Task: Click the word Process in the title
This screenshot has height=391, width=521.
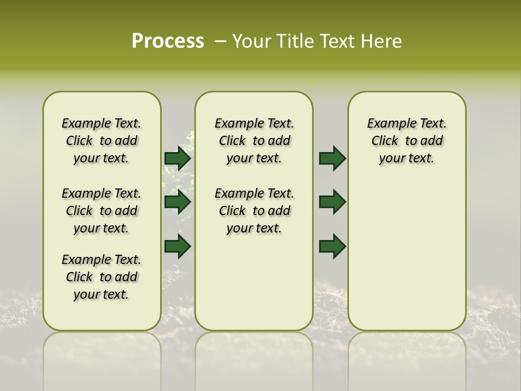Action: pyautogui.click(x=168, y=41)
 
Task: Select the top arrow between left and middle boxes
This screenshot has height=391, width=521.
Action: pyautogui.click(x=177, y=158)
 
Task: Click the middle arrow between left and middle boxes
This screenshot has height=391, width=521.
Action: pyautogui.click(x=177, y=202)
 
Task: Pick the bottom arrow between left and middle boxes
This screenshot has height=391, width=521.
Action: pyautogui.click(x=177, y=246)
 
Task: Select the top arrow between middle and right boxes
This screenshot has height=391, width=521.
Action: pyautogui.click(x=332, y=158)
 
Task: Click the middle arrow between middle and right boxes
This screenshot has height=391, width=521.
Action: pyautogui.click(x=332, y=202)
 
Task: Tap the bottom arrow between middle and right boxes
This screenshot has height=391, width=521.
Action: pyautogui.click(x=332, y=246)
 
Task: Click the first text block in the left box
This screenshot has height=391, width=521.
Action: pyautogui.click(x=101, y=141)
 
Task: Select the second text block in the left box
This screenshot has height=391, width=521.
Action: pyautogui.click(x=101, y=211)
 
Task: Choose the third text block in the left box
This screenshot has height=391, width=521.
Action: pyautogui.click(x=101, y=277)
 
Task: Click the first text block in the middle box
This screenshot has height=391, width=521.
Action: pyautogui.click(x=254, y=141)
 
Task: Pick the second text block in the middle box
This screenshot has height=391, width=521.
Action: pyautogui.click(x=254, y=211)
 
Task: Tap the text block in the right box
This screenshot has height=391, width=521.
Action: pyautogui.click(x=406, y=141)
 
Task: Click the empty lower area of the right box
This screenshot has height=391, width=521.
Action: pyautogui.click(x=406, y=255)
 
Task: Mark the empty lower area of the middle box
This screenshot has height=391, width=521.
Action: pyautogui.click(x=254, y=282)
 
